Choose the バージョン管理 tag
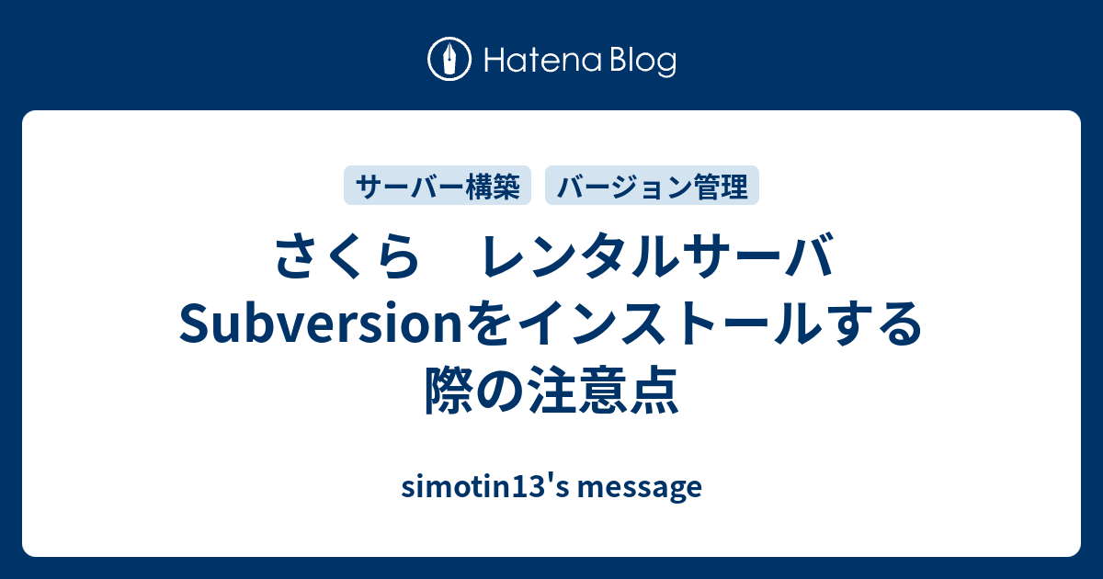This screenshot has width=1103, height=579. [x=653, y=187]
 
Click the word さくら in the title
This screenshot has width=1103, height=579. [x=339, y=260]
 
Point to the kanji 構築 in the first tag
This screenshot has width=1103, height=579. [x=495, y=187]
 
